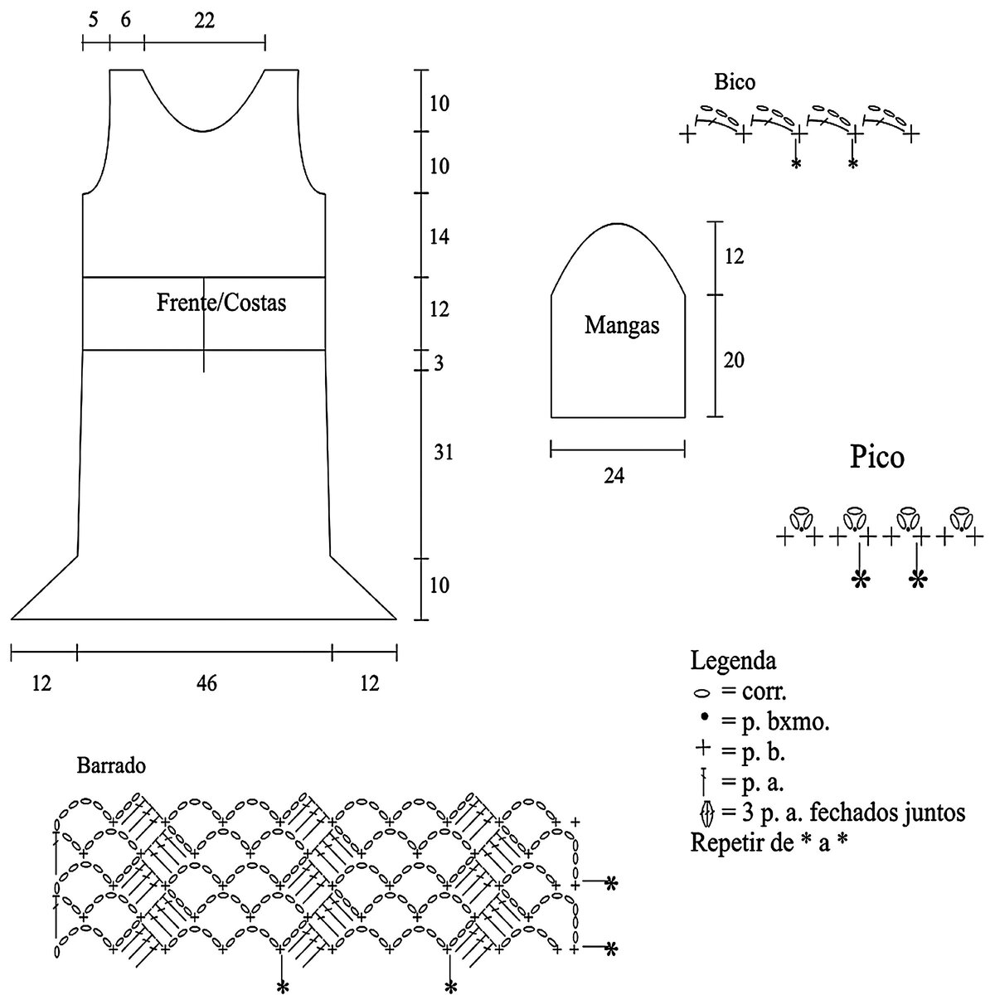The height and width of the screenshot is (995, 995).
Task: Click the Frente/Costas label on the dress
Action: [x=221, y=303]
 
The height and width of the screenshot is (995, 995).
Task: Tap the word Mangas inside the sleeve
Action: [x=622, y=325]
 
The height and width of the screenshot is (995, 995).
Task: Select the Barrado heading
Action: [x=111, y=765]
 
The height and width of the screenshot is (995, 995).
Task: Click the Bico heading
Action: [x=735, y=82]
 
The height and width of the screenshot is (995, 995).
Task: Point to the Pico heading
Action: [x=876, y=457]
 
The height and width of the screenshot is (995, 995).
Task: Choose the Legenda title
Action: [x=733, y=662]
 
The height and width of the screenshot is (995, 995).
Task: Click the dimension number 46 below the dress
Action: [x=206, y=683]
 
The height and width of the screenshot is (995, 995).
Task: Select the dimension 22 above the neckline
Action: [x=204, y=22]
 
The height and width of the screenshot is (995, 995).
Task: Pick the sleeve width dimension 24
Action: [x=614, y=476]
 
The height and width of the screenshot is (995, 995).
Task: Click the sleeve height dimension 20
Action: [x=733, y=360]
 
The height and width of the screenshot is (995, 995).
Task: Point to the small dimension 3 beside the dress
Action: [x=439, y=363]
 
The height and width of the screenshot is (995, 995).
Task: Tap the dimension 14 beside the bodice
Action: [x=439, y=238]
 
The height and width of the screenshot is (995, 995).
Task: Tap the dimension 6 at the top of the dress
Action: [x=125, y=22]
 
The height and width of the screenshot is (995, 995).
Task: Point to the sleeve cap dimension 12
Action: [x=733, y=256]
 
